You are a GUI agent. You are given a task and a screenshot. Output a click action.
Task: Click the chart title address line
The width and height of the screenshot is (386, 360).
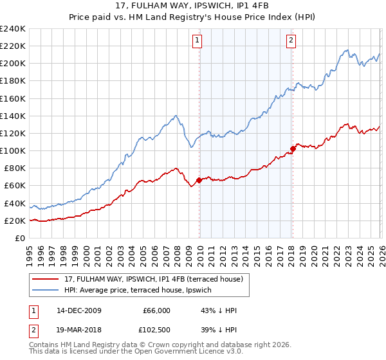click(192, 6)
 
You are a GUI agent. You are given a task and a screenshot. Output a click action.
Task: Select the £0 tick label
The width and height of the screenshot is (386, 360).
click(20, 239)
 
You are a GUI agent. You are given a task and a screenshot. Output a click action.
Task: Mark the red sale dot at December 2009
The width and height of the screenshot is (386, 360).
click(199, 180)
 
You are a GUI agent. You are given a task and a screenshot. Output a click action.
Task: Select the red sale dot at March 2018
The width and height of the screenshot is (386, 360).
click(293, 148)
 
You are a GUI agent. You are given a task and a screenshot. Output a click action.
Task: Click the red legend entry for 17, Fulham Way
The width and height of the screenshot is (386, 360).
click(152, 279)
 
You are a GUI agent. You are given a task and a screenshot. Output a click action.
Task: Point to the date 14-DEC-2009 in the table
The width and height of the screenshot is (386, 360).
click(79, 310)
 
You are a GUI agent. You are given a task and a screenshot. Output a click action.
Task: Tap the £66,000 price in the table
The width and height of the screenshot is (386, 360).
click(156, 310)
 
